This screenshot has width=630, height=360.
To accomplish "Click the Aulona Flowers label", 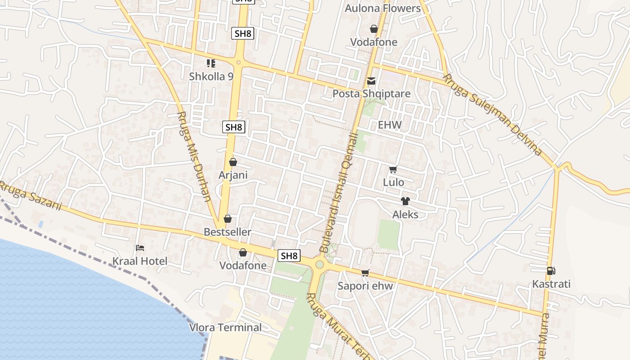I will [382, 8].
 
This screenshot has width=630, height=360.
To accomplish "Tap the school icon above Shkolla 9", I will [211, 63].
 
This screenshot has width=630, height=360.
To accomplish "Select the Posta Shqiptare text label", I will [371, 94].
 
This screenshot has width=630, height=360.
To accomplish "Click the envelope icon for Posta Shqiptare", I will [371, 81].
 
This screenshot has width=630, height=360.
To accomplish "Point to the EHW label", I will [389, 125].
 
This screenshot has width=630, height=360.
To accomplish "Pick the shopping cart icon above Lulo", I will [393, 170].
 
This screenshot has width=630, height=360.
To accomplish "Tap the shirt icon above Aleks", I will [405, 201].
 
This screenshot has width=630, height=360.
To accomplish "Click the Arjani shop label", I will [233, 175].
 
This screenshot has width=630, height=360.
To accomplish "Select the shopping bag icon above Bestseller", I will [228, 219].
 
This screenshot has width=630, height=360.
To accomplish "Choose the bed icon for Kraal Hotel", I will [140, 248].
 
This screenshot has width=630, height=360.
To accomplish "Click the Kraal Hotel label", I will [139, 261].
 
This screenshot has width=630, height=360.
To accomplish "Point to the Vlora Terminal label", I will [225, 327].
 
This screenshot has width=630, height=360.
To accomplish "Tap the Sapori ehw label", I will [365, 286].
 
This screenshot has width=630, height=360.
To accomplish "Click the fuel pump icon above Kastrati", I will [551, 271].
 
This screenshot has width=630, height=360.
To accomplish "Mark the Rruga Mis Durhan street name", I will [194, 156].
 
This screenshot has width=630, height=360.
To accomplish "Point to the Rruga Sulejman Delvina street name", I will [492, 114].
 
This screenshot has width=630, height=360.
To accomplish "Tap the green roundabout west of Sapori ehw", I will [319, 264].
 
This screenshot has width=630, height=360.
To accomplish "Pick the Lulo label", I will [393, 182].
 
